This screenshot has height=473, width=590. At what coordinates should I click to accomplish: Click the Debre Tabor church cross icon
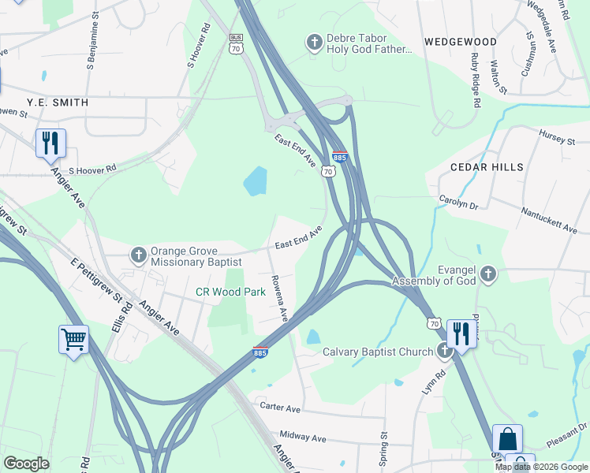pyautogui.click(x=314, y=41)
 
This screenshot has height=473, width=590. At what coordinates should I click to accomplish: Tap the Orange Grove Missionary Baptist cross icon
pyautogui.click(x=138, y=254)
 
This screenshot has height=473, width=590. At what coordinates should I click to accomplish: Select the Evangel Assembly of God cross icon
pyautogui.click(x=488, y=274)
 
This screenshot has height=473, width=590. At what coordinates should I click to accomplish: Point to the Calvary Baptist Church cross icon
pyautogui.click(x=445, y=352)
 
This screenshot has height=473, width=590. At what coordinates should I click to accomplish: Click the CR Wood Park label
pyautogui.click(x=230, y=292)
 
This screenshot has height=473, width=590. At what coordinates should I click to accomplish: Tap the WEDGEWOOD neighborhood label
pyautogui.click(x=460, y=41)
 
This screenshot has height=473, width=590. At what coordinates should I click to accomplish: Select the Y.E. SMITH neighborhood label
pyautogui.click(x=57, y=102)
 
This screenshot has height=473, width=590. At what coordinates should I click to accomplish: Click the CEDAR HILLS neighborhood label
pyautogui.click(x=487, y=167)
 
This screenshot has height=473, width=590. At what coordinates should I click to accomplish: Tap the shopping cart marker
pyautogui.click(x=73, y=340)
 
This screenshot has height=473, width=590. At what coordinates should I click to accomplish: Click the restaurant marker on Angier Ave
pyautogui.click(x=50, y=143)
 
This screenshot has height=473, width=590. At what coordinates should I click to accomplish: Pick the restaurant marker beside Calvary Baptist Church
pyautogui.click(x=460, y=333)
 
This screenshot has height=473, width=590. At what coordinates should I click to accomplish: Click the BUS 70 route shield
pyautogui.click(x=235, y=44)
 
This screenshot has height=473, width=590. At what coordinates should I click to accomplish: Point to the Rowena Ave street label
pyautogui.click(x=278, y=297)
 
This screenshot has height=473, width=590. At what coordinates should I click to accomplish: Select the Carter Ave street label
pyautogui.click(x=281, y=409)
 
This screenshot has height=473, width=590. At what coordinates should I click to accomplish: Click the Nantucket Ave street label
pyautogui.click(x=549, y=219)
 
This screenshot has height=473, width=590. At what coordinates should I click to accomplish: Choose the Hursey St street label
pyautogui.click(x=558, y=139)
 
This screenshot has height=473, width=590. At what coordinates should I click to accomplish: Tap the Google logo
pyautogui.click(x=26, y=464)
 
